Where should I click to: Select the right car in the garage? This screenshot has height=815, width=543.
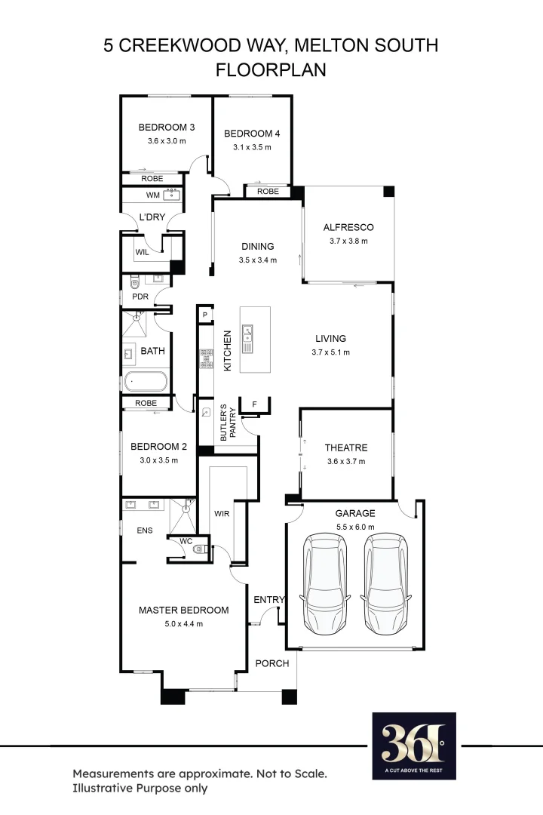(x=388, y=584)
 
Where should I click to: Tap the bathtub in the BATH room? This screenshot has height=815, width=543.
(x=147, y=381)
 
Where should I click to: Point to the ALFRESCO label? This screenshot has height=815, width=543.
(x=348, y=227)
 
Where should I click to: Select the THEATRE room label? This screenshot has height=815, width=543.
(x=346, y=447)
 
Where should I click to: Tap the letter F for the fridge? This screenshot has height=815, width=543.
(x=255, y=404)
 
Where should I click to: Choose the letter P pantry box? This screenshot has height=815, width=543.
(x=204, y=315)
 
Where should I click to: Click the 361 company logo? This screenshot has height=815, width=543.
(x=414, y=746)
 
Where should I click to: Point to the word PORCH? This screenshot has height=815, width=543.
(x=272, y=663)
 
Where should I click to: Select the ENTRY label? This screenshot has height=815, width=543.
(x=269, y=600)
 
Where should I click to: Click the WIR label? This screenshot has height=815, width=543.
(x=222, y=513)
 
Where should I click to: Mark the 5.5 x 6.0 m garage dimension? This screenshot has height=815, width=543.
(x=354, y=527)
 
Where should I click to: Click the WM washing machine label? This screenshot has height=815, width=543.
(x=153, y=195)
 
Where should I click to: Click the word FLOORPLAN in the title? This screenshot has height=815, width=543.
(x=271, y=70)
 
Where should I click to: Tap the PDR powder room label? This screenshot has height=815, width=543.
(x=140, y=297)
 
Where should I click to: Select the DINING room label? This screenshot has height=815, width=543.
(x=258, y=246)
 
